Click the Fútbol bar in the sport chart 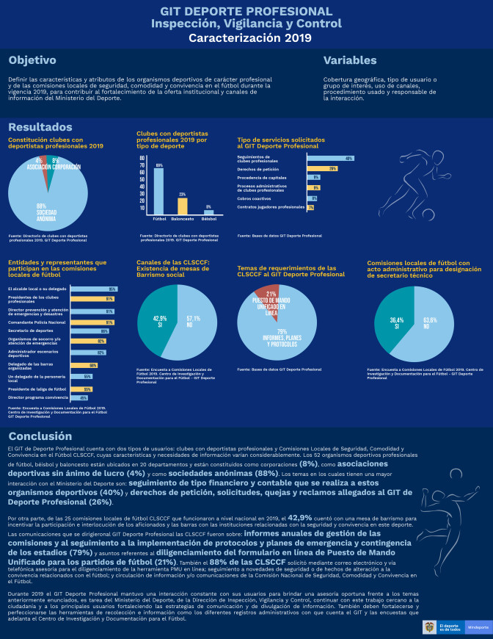coord(158,190)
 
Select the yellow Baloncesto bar coord(183,205)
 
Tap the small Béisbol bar coord(208,212)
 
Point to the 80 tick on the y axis coord(143,159)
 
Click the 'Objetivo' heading coord(32,60)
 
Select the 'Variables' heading coord(350,60)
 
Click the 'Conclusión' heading coord(40,436)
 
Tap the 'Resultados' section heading coord(40,127)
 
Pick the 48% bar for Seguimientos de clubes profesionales coord(330,159)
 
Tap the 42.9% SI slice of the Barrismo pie coord(159,321)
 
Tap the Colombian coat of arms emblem coord(428,627)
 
